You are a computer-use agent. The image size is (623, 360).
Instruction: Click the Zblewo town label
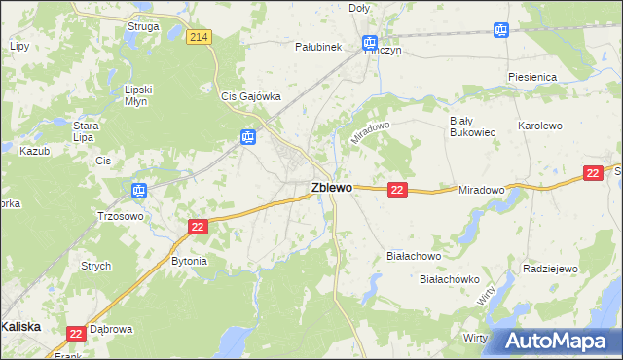pyautogui.click(x=331, y=188)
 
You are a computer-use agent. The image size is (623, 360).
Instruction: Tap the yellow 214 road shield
pyautogui.click(x=200, y=37)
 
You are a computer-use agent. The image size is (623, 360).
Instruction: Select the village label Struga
pyautogui.click(x=143, y=26)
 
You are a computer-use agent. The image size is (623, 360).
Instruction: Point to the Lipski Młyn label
pyautogui.click(x=139, y=96)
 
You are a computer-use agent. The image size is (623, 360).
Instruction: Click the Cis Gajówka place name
pyautogui.click(x=251, y=96)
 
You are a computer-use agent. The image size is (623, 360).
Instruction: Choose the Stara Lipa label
pyautogui.click(x=88, y=131)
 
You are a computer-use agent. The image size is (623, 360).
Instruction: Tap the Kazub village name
pyautogui.click(x=34, y=152)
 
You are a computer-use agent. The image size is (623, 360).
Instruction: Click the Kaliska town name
pyautogui.click(x=21, y=327)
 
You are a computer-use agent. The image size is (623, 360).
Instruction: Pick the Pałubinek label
pyautogui.click(x=317, y=46)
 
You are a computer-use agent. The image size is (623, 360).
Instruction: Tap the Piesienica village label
pyautogui.click(x=531, y=76)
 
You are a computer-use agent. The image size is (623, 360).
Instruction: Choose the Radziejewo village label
pyautogui.click(x=551, y=269)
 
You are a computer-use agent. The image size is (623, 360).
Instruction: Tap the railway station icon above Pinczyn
pyautogui.click(x=369, y=43)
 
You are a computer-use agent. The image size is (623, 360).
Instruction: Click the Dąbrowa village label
pyautogui.click(x=110, y=329)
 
